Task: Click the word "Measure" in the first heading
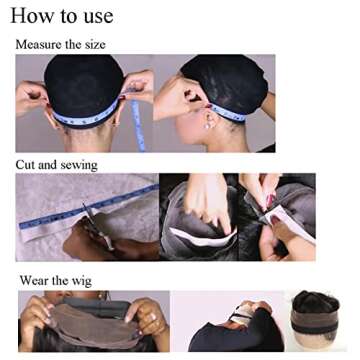39,45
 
